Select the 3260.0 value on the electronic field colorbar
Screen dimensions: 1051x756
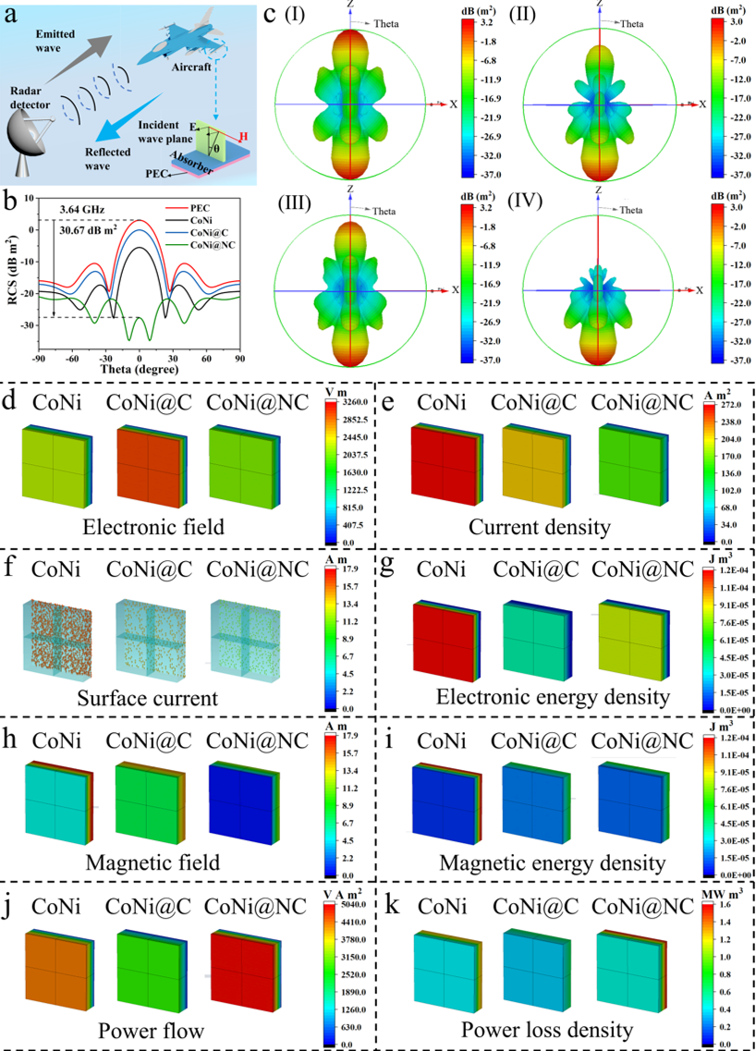point(353,402)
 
